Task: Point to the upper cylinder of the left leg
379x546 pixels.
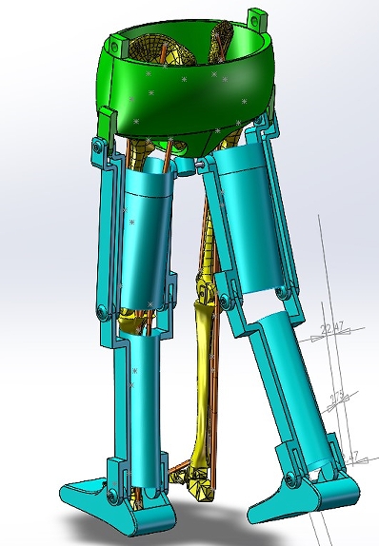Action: [x=150, y=238]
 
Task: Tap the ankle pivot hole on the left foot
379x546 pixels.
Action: [x=112, y=497]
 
